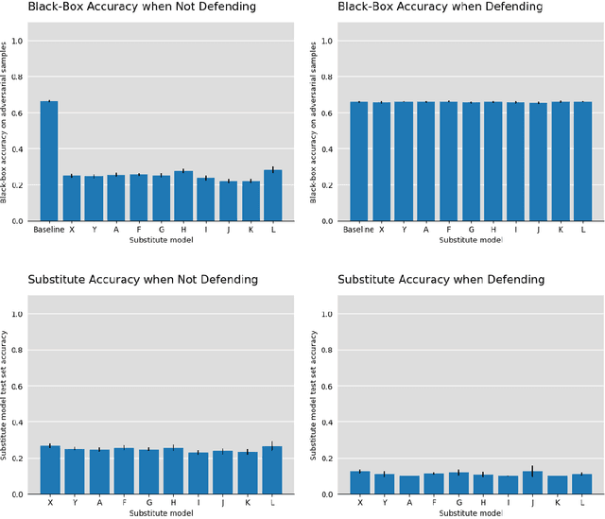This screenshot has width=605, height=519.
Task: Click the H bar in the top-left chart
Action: coord(181,196)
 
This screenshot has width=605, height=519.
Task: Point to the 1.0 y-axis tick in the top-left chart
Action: coord(18,41)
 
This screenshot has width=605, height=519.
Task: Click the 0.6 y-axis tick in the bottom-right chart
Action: coord(328,386)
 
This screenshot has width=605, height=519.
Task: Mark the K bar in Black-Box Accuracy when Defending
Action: coord(560,161)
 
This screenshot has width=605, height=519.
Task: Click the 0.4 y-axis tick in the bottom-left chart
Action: coord(18,422)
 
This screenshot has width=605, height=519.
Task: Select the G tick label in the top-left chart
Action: coord(162,230)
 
